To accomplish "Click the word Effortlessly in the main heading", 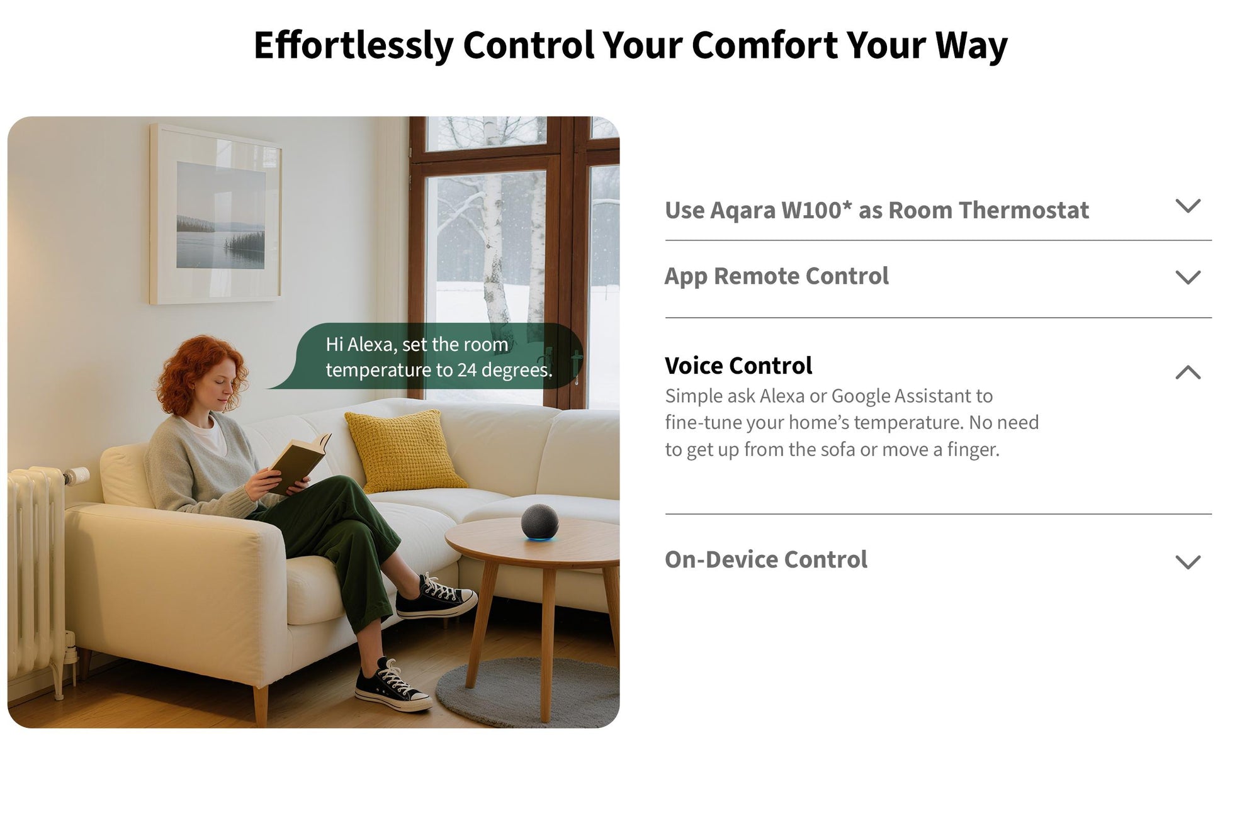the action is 353,45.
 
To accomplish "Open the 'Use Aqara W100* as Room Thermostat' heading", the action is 876,210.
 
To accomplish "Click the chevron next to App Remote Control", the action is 1188,277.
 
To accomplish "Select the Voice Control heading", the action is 738,366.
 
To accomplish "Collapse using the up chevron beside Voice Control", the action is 1188,372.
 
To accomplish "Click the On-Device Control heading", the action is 766,559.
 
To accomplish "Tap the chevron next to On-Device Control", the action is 1188,562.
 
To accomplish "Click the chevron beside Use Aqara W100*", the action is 1188,206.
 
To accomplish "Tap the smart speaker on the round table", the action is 539,522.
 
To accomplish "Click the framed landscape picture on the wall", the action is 216,214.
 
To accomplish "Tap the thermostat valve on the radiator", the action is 75,476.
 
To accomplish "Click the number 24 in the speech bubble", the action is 466,371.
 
